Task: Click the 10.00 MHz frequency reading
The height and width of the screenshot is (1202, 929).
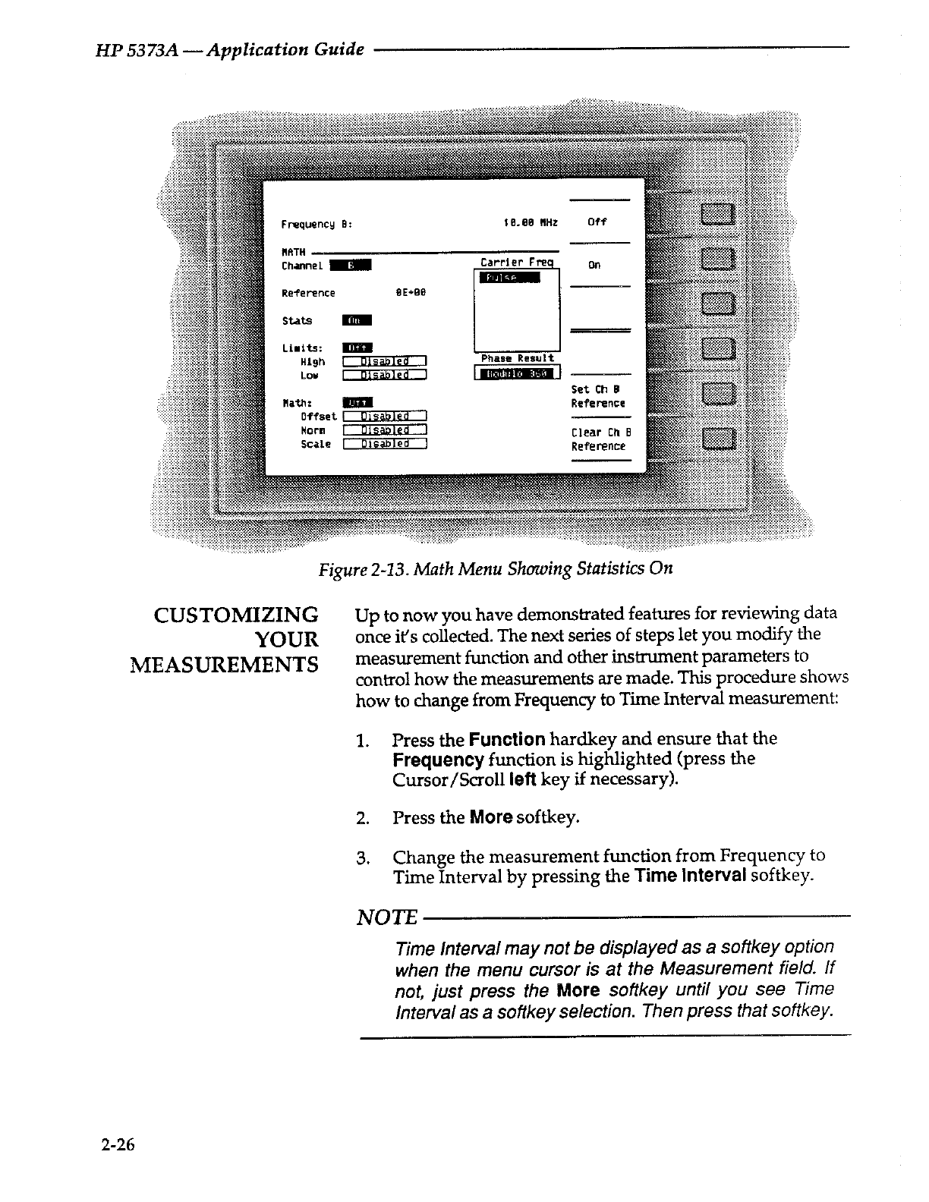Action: click(531, 222)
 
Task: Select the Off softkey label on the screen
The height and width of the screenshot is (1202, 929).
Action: click(597, 222)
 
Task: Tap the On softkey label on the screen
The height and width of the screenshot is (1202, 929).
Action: click(594, 265)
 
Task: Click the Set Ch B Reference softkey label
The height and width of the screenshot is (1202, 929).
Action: click(598, 397)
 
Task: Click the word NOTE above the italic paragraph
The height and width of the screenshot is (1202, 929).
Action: click(386, 918)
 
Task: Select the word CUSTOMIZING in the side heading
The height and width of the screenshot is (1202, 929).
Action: click(235, 615)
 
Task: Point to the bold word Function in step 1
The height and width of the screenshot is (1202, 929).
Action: click(506, 739)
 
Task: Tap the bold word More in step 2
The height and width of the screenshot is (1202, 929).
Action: click(491, 817)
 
